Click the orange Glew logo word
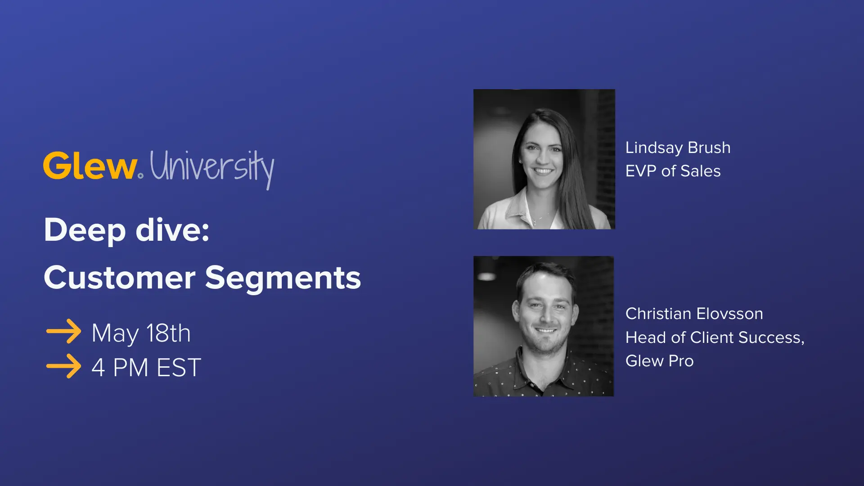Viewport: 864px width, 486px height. pos(90,166)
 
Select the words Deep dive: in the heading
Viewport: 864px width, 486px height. pos(126,230)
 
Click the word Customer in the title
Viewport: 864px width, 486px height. pos(119,278)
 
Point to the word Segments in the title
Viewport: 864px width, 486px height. pos(283,278)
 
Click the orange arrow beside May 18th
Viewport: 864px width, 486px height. pos(63,332)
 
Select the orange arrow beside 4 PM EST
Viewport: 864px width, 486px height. pos(63,366)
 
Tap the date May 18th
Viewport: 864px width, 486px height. pos(141,333)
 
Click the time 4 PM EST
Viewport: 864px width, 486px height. pos(146,368)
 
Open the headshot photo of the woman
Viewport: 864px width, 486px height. pos(544,159)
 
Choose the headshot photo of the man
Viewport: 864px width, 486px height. pos(544,326)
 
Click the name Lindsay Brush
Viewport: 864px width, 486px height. pos(678,148)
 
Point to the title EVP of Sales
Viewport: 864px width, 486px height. pos(673,171)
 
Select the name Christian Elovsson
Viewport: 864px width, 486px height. pos(694,314)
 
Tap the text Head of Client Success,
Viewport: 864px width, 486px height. pos(715,337)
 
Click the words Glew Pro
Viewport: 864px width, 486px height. pos(659,361)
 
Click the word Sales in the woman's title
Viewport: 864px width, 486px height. pos(700,171)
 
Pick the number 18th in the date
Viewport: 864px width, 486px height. pos(168,333)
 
